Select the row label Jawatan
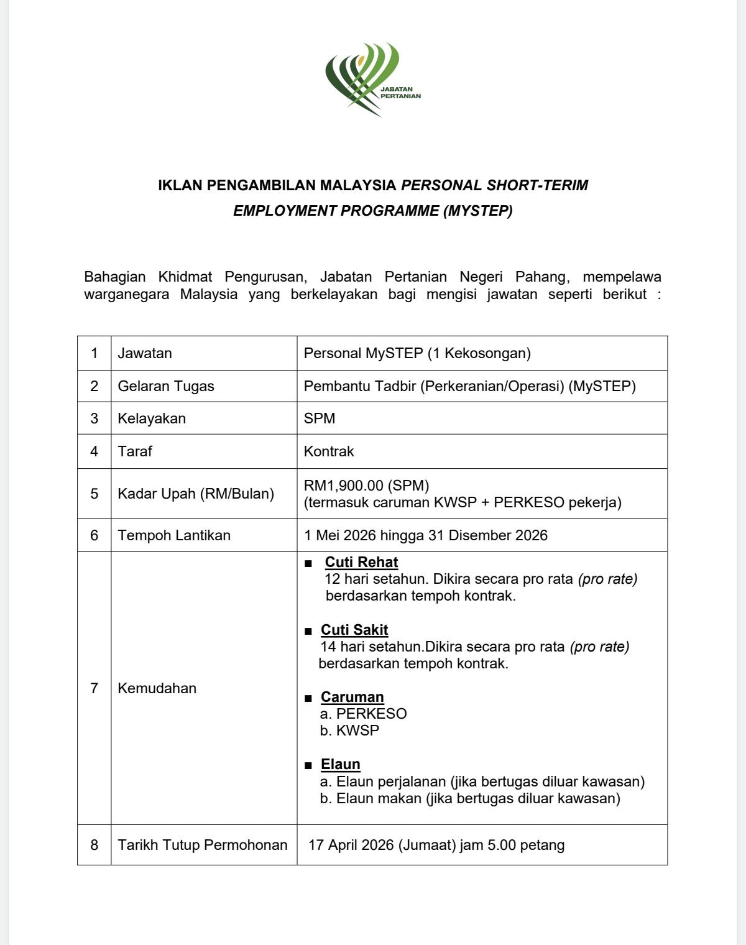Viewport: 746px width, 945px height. (x=145, y=353)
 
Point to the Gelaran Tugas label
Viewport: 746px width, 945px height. (x=166, y=386)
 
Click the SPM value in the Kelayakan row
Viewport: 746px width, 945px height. (x=320, y=418)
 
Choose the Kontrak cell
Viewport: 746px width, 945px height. (x=329, y=451)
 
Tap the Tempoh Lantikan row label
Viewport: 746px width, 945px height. (x=174, y=535)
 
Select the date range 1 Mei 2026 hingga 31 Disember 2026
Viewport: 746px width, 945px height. (x=426, y=535)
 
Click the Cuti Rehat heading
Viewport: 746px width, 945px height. (x=361, y=562)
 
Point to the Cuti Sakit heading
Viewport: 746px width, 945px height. (x=354, y=630)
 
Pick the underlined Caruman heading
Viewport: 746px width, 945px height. (x=352, y=697)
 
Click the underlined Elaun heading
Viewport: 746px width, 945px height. (x=341, y=764)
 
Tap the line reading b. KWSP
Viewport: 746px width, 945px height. (x=349, y=731)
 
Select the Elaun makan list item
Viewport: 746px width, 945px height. (x=470, y=798)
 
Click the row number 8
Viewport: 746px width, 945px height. (x=94, y=845)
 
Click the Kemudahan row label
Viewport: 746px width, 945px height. (x=157, y=688)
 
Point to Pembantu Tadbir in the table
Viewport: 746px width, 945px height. (x=360, y=386)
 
